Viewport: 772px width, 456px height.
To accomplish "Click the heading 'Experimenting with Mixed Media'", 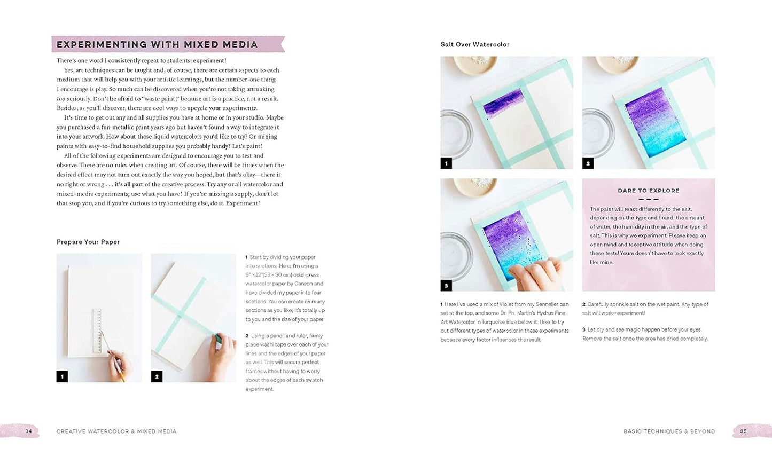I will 157,44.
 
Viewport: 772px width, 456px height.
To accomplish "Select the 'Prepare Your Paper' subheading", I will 88,242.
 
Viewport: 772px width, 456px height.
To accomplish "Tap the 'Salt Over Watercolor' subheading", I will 474,44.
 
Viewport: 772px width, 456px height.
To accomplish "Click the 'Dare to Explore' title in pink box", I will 648,191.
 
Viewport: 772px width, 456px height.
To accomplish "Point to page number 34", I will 28,431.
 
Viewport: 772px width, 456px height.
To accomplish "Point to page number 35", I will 743,431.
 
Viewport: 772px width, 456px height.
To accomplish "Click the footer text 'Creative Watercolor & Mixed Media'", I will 116,431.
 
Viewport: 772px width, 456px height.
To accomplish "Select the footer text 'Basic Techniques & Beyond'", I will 669,431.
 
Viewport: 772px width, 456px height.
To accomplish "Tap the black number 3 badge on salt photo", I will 446,286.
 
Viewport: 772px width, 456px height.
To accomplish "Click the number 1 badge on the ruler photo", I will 62,376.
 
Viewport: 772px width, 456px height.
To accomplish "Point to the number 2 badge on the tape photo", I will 157,376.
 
